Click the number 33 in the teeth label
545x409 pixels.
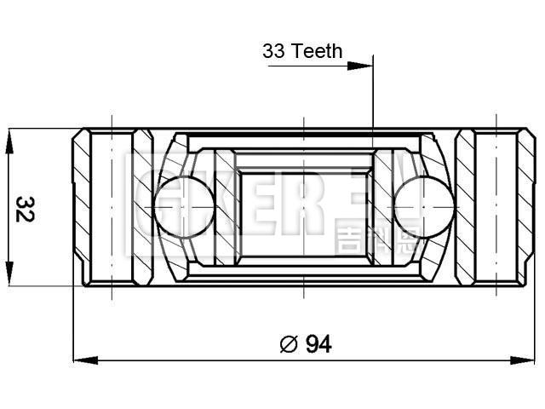coord(274,51)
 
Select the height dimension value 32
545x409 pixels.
coord(25,208)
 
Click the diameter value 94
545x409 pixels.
coord(318,343)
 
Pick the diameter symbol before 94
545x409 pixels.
coord(288,344)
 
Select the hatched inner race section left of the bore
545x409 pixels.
coord(225,207)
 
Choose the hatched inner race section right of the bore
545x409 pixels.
coord(384,207)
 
